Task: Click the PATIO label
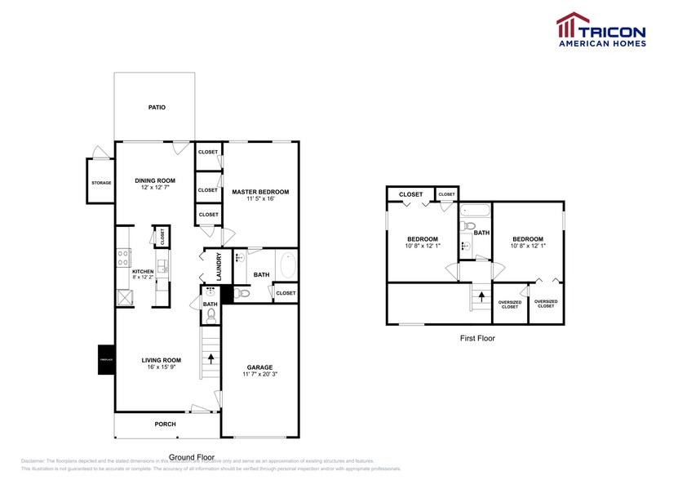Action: click(x=157, y=107)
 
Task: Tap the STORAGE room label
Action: click(x=101, y=182)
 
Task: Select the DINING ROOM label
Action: click(x=155, y=180)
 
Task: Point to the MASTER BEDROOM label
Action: click(x=260, y=192)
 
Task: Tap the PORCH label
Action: click(x=165, y=424)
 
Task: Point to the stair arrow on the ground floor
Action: click(x=211, y=357)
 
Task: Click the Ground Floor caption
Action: click(x=192, y=457)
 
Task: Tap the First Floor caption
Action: click(x=476, y=338)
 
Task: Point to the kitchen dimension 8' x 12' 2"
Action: click(x=144, y=278)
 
